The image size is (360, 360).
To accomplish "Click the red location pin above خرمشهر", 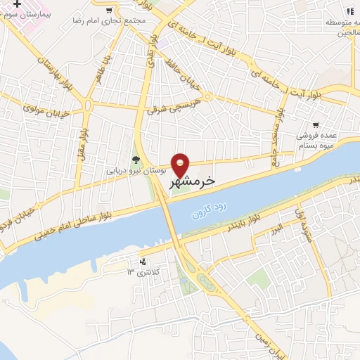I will (181, 165).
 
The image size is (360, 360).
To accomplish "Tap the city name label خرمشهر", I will (191, 181).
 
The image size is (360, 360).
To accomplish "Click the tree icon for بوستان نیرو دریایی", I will (136, 159).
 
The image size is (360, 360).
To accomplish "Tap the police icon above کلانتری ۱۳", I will (143, 261).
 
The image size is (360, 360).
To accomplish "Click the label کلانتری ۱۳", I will (143, 271).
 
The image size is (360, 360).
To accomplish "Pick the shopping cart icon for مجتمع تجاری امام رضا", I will (108, 11).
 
